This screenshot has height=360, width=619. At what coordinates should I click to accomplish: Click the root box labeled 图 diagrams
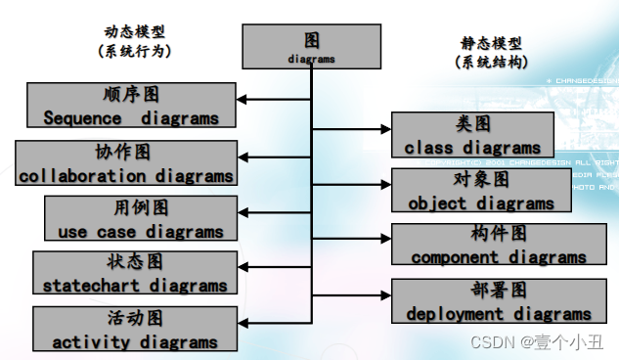point(311,47)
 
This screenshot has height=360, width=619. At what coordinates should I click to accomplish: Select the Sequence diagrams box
point(131,106)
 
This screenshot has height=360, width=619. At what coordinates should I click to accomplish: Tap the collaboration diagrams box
point(126,163)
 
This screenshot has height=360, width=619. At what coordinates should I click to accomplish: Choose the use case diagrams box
point(141,219)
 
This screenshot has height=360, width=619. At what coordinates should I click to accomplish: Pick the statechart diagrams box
point(135,274)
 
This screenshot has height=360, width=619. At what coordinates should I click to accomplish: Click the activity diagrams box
point(135,330)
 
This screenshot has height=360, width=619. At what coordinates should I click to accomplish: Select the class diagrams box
point(472,135)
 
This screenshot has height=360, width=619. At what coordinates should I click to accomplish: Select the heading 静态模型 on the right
point(492,43)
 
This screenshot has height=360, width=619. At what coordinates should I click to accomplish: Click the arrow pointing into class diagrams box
point(381,128)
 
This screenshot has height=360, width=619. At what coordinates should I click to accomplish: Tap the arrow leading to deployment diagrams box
point(381,294)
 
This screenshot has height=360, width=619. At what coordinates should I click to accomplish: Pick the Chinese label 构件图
point(499,234)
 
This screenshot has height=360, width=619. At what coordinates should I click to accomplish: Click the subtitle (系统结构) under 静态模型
point(492,62)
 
